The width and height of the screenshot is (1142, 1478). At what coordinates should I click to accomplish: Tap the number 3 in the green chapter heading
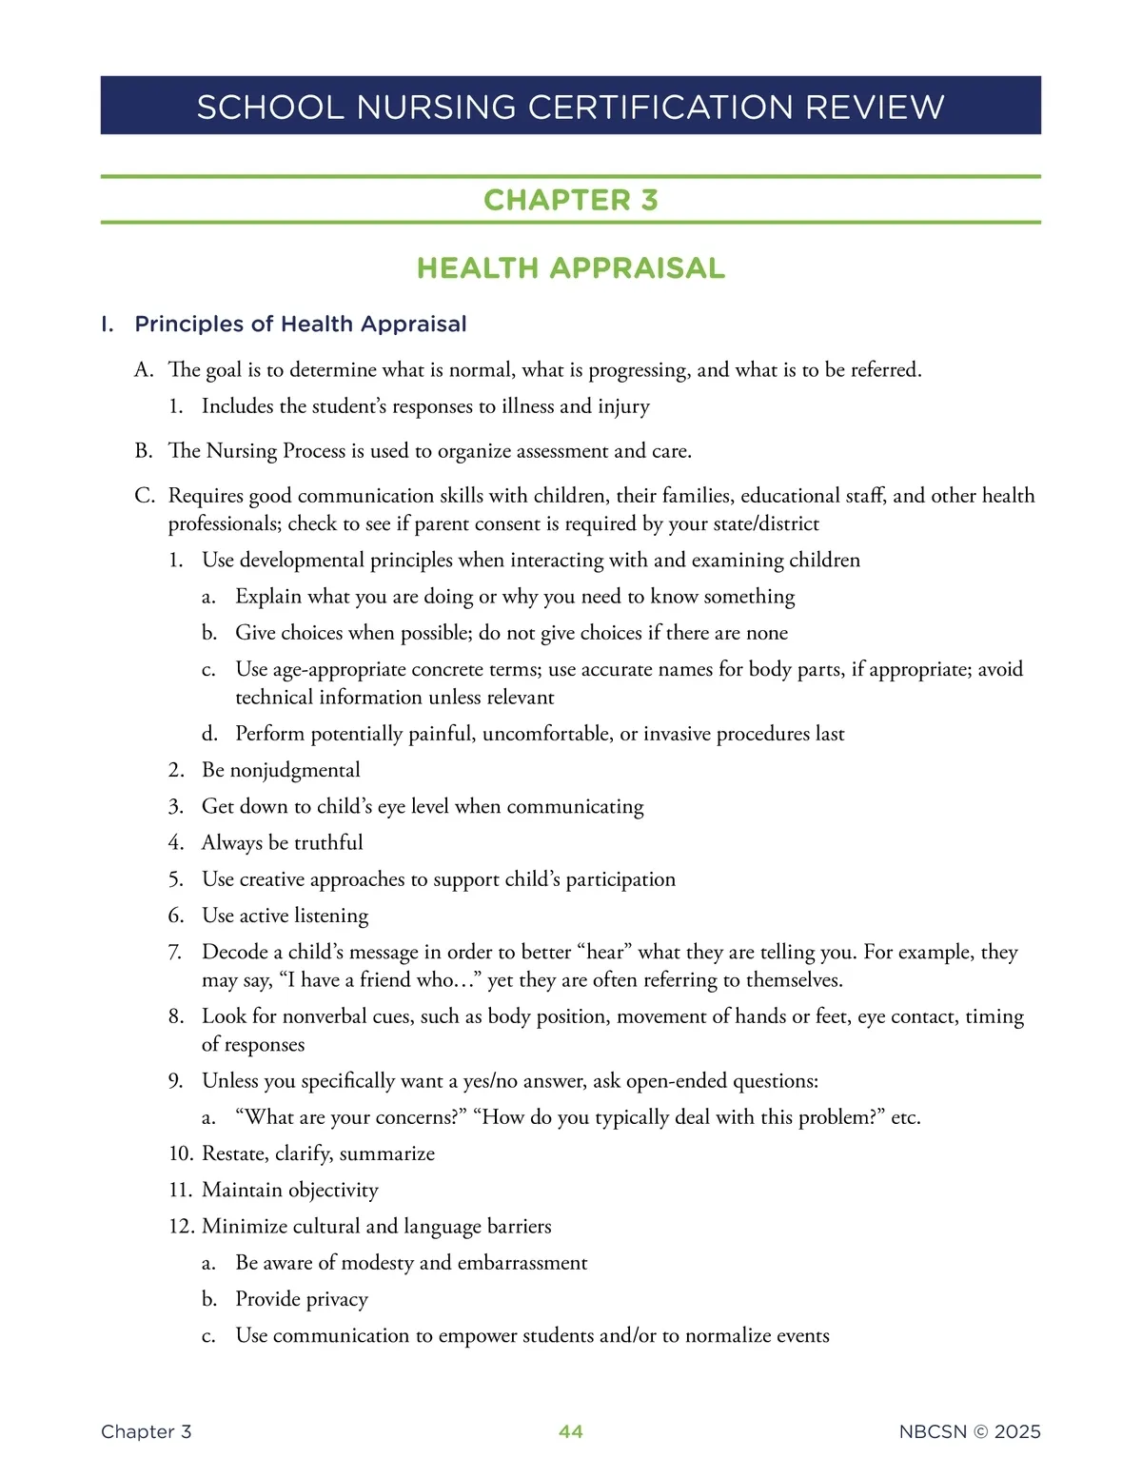click(x=649, y=200)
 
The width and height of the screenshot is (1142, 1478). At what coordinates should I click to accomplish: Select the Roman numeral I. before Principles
click(x=108, y=325)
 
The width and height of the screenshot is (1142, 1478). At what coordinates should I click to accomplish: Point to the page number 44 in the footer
click(x=571, y=1431)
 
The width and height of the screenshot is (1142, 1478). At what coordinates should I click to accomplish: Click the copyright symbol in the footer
click(x=980, y=1431)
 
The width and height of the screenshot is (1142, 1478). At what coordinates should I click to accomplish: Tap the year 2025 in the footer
click(x=1017, y=1431)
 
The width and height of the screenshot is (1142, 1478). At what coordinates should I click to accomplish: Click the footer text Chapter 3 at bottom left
click(x=146, y=1431)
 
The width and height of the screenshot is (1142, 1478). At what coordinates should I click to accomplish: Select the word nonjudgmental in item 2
click(x=295, y=770)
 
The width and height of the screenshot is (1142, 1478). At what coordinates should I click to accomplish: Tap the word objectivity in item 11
click(x=333, y=1190)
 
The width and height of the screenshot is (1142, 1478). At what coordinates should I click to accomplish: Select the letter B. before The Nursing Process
click(x=144, y=450)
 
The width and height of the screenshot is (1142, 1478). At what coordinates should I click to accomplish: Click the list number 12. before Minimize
click(x=181, y=1226)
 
